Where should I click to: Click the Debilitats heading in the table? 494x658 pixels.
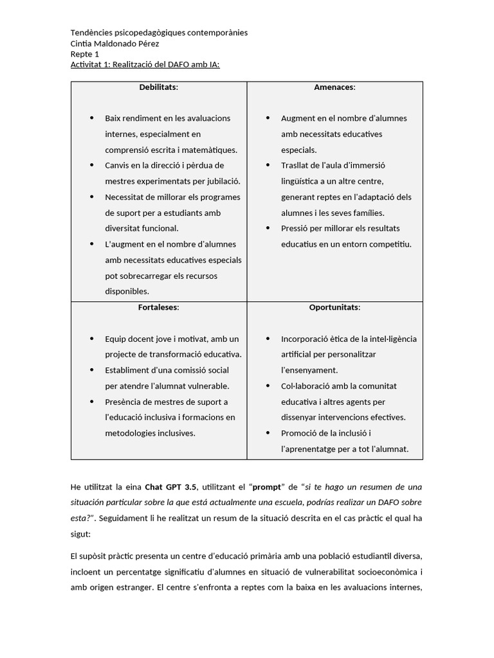coord(158,87)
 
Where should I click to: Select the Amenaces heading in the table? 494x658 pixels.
coord(334,87)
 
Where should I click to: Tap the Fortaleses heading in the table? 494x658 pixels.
coord(158,307)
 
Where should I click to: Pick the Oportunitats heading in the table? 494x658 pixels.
coord(334,307)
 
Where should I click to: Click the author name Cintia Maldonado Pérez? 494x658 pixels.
coord(114,43)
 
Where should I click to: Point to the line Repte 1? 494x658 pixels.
coord(85,54)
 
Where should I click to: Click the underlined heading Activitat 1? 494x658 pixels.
coord(145,65)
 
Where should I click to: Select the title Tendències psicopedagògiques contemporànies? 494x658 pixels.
coord(158,33)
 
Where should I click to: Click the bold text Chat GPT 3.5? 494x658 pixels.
coord(170,486)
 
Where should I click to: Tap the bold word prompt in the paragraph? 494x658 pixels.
coord(266,486)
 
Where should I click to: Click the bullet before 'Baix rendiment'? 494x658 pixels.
coord(91,118)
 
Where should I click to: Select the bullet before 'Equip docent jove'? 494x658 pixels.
coord(91,339)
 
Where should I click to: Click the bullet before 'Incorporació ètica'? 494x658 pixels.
coord(267,339)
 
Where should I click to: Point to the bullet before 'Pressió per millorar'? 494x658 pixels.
coord(267,228)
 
